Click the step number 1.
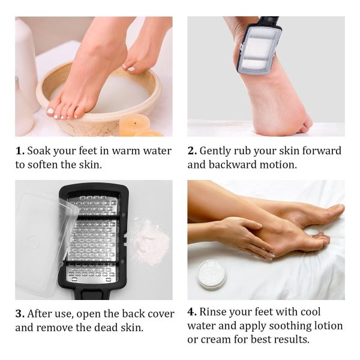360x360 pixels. (x=20, y=151)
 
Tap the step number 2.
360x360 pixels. (x=192, y=151)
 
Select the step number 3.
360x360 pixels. (x=20, y=314)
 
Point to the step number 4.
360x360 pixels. (x=192, y=312)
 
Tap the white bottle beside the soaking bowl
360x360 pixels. (x=25, y=78)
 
